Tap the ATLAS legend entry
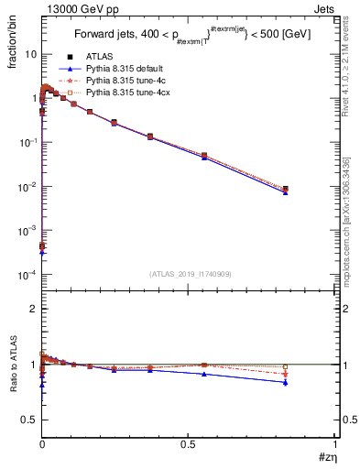(99, 58)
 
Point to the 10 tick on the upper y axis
(30, 54)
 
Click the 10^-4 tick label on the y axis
(27, 275)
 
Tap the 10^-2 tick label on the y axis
(27, 187)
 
